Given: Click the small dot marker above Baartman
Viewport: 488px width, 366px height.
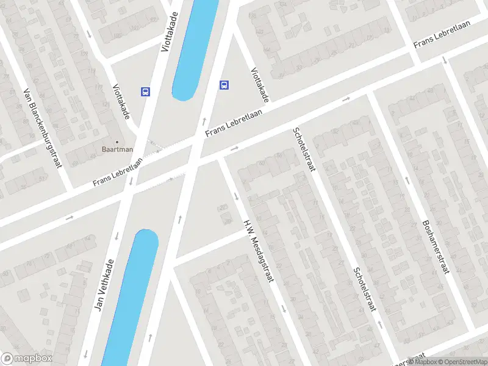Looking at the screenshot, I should (x=117, y=142).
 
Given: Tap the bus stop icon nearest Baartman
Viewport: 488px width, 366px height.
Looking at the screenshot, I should (x=146, y=91).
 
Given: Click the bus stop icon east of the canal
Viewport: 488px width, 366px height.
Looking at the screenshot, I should (x=224, y=85).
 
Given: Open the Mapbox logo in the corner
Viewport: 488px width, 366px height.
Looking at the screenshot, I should (x=26, y=359).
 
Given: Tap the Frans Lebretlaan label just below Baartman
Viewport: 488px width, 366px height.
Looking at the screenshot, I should (x=117, y=173).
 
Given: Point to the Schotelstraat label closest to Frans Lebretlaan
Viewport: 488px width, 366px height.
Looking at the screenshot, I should (x=303, y=149).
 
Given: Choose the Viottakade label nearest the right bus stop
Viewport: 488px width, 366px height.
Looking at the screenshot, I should (x=259, y=84).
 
